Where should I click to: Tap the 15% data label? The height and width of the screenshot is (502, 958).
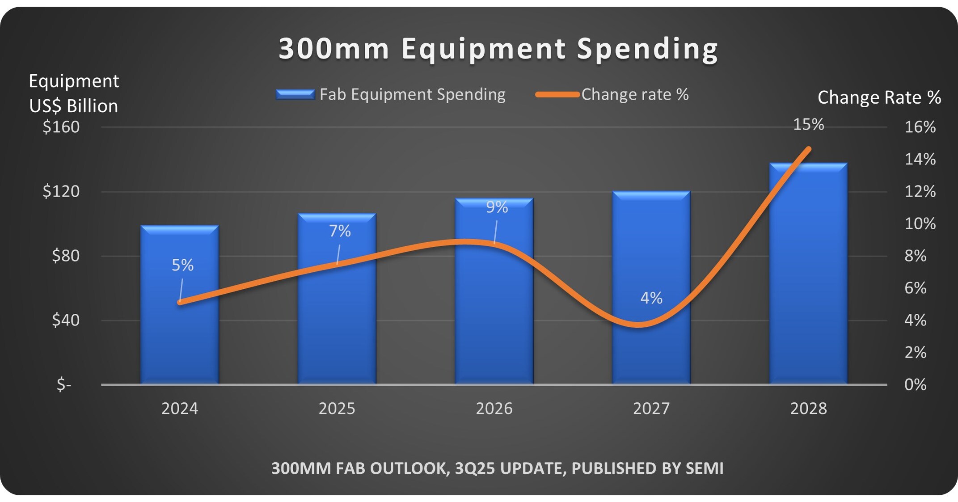[x=808, y=124]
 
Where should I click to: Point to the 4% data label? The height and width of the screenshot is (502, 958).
[x=651, y=298]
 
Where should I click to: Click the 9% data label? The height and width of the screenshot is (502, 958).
[x=497, y=207]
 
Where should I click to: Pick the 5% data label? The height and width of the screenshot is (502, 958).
[x=182, y=265]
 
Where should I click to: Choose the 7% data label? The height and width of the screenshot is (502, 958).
[x=340, y=231]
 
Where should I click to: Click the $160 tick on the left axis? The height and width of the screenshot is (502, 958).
[x=61, y=127]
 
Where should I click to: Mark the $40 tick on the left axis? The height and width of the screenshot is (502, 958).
[x=66, y=320]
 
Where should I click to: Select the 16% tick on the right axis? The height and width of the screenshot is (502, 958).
[x=920, y=127]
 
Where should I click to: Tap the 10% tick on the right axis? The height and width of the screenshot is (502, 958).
[x=920, y=224]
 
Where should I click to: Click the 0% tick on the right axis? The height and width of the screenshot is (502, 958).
[x=915, y=384]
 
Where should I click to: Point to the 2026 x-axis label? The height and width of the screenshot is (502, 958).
[x=494, y=408]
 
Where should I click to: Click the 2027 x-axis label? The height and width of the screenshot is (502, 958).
[x=651, y=408]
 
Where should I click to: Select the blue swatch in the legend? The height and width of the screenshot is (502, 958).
[x=295, y=94]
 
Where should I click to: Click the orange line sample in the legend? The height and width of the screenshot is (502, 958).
[x=557, y=94]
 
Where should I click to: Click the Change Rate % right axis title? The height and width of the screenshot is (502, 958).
[x=879, y=97]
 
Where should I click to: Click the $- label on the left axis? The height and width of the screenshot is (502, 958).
[x=64, y=384]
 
